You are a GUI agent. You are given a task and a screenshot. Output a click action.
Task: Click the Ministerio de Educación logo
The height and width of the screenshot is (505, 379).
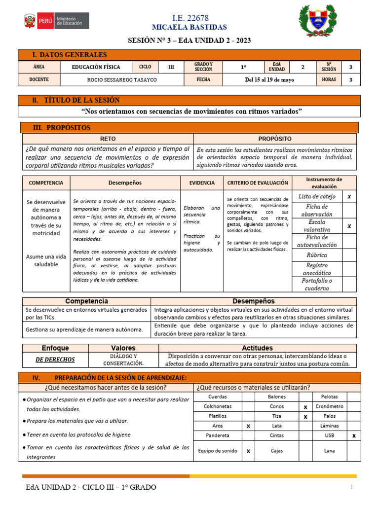(56, 21)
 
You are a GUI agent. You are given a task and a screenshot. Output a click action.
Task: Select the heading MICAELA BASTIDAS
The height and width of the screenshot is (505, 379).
(189, 27)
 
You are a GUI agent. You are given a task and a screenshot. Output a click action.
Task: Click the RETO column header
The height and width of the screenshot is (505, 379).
(108, 139)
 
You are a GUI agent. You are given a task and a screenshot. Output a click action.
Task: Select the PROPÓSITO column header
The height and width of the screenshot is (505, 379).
(275, 139)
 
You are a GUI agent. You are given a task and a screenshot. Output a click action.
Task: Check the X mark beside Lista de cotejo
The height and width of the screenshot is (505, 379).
(349, 196)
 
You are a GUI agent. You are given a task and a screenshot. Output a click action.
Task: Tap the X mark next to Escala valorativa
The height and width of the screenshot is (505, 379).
(349, 226)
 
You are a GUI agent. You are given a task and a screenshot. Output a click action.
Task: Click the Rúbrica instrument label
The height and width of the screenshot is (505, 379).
(316, 255)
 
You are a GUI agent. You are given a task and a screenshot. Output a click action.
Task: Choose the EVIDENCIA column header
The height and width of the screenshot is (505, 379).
(202, 182)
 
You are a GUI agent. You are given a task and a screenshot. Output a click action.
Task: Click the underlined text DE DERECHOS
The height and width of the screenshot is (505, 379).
(55, 360)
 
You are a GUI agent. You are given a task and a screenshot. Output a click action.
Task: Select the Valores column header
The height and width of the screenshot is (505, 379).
(123, 348)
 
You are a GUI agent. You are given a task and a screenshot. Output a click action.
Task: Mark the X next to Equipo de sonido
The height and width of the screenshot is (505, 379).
(248, 451)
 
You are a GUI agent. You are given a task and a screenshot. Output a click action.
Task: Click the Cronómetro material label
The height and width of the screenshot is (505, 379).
(329, 406)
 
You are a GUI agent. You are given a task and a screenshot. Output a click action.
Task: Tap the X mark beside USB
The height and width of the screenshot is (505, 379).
(354, 435)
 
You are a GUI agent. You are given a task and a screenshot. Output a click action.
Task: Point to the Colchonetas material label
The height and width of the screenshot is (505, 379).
(218, 406)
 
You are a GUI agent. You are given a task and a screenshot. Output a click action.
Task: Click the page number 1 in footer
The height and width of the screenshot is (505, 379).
(352, 488)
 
